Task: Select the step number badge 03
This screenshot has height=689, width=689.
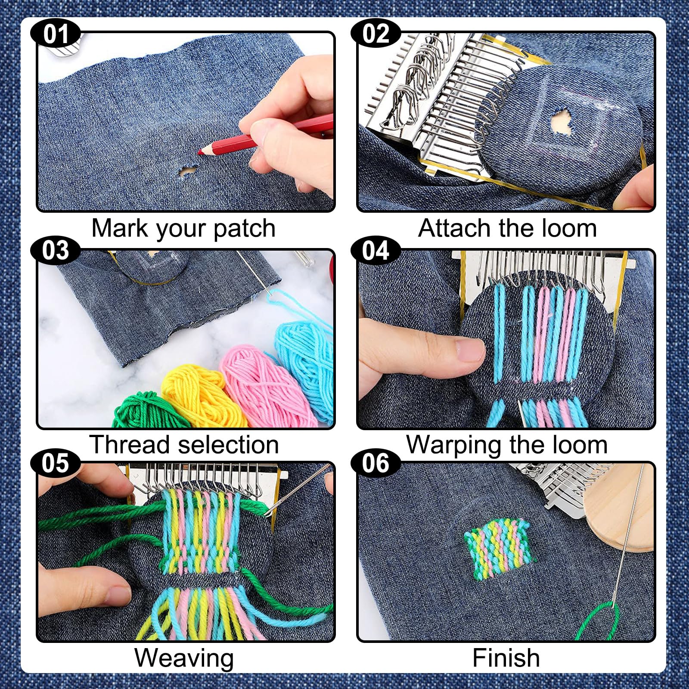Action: (56, 250)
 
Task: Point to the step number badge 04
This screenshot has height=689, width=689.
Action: (376, 250)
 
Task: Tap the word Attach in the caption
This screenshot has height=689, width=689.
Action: (455, 228)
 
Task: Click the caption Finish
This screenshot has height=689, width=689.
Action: (506, 658)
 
